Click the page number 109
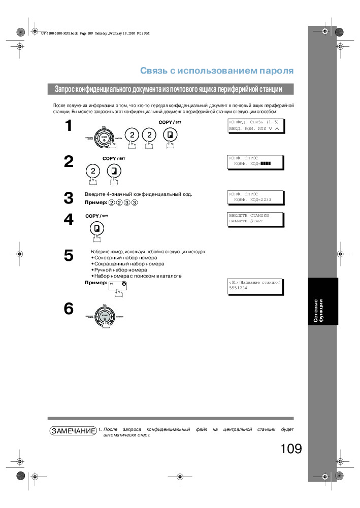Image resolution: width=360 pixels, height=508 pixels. coord(290,449)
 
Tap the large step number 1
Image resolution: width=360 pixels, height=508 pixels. coord(69,126)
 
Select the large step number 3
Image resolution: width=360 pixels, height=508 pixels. coord(69,198)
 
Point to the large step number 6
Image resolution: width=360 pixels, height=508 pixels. coord(69,309)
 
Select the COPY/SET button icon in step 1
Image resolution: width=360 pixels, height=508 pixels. coord(170,134)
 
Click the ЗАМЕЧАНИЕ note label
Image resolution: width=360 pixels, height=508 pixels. coord(73,431)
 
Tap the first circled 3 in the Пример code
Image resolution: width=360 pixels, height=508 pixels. coord(126,202)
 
